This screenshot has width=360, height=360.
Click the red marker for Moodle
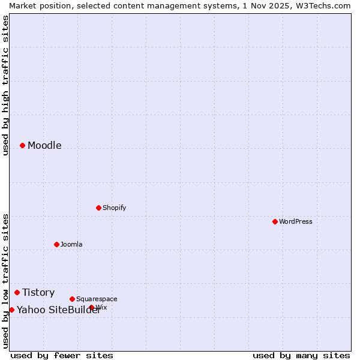click(22, 145)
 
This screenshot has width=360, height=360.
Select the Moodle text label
click(44, 146)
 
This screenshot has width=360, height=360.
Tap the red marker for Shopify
click(98, 208)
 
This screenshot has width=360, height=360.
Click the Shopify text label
click(114, 208)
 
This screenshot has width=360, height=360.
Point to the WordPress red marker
click(275, 221)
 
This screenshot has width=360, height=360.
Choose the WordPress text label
click(295, 222)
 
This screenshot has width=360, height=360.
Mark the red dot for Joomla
click(56, 244)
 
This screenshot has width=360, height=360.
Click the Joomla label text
click(71, 245)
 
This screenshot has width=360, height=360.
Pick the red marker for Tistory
click(17, 292)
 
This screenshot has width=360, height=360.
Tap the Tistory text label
click(38, 293)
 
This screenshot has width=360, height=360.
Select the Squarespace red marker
click(72, 299)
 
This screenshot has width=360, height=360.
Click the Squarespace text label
click(97, 299)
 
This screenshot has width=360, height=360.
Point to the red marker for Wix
click(92, 307)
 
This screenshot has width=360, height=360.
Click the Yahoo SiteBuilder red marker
click(11, 310)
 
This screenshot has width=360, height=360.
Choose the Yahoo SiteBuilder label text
click(59, 310)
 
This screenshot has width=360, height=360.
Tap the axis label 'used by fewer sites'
click(62, 356)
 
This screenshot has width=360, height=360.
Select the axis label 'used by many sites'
click(301, 356)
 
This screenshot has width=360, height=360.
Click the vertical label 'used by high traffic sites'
click(5, 85)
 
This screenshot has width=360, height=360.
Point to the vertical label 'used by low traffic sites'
click(5, 281)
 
